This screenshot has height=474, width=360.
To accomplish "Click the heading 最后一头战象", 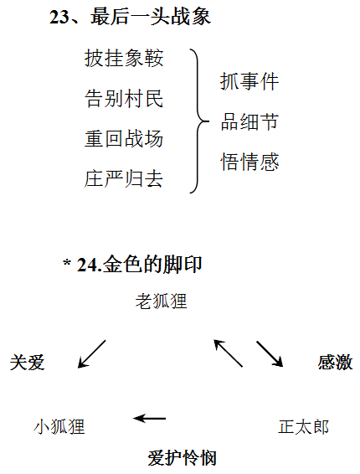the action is [x=151, y=16].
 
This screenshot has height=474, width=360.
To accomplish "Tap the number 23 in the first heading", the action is [x=59, y=17].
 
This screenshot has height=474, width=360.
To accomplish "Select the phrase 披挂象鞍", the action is [x=124, y=58].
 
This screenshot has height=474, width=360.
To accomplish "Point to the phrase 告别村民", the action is [x=124, y=99].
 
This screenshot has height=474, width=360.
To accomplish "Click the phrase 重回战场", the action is [x=124, y=138].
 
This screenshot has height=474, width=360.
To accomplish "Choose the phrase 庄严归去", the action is [x=124, y=178].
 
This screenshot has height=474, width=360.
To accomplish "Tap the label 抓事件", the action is [x=249, y=81].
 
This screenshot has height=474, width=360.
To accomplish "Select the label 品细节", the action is [x=249, y=121].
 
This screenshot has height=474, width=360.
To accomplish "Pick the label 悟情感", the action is [x=249, y=162].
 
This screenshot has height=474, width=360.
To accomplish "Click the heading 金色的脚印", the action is [x=152, y=265].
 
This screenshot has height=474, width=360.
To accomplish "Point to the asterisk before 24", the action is [x=67, y=261].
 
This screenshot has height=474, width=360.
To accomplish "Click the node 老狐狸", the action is [x=161, y=301].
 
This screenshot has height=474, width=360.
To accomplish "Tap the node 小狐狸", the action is [x=59, y=426].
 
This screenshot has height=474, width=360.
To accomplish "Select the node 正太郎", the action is [x=303, y=426].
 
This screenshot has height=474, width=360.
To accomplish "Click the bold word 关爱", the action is [x=27, y=362].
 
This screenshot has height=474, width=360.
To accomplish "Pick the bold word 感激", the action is [x=335, y=362].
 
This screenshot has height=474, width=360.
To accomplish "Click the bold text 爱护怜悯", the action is [x=183, y=458].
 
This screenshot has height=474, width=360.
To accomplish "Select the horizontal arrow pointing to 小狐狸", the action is [x=149, y=419].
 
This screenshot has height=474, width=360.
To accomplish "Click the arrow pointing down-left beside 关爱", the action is [x=92, y=354].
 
